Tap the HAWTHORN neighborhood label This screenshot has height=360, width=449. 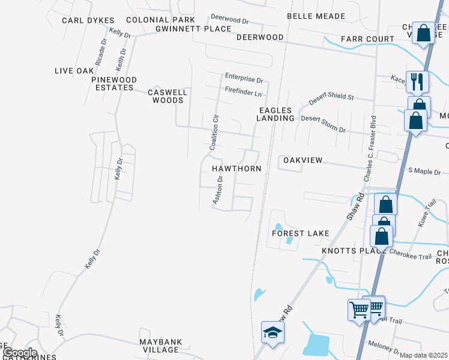tap(237, 169)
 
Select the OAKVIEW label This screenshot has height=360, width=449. tap(303, 160)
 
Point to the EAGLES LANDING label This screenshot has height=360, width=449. tap(276, 114)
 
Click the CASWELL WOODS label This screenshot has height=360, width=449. tap(168, 96)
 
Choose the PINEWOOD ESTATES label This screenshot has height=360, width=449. tap(114, 83)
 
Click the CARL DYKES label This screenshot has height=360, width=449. tap(88, 20)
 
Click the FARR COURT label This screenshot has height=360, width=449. tap(367, 39)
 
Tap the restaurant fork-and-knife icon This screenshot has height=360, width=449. tap(416, 81)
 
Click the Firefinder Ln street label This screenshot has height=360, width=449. tap(244, 94)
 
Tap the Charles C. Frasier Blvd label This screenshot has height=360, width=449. tap(370, 149)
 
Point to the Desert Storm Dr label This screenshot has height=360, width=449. tap(324, 123)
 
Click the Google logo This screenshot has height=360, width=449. tap(19, 353)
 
